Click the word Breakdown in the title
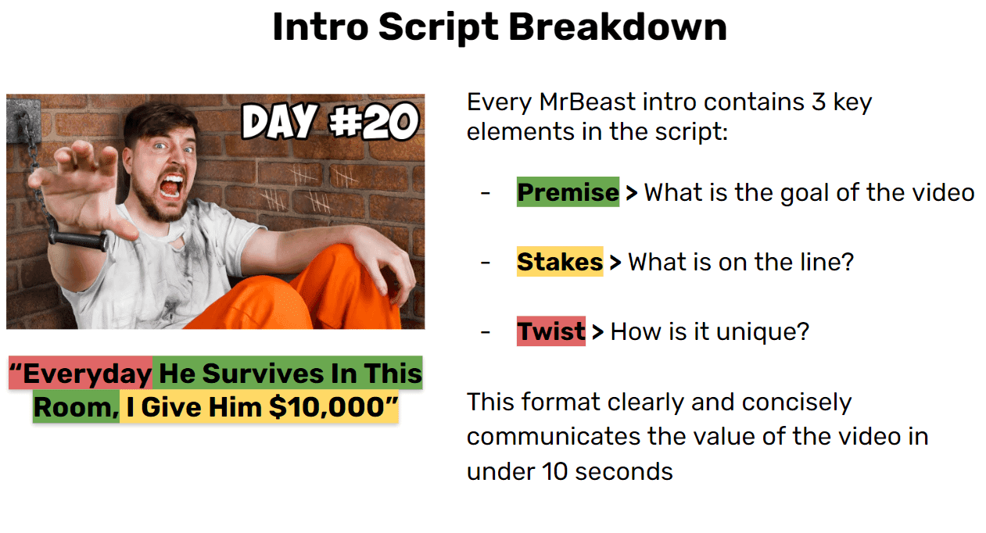(x=618, y=27)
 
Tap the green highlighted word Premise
(x=568, y=192)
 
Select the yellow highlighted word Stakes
(x=560, y=262)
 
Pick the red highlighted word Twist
(x=551, y=331)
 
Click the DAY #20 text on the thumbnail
(x=330, y=121)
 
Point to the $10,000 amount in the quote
(x=328, y=406)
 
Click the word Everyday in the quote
(x=87, y=374)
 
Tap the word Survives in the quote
(x=264, y=374)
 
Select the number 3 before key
(x=819, y=102)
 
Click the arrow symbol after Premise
(x=632, y=193)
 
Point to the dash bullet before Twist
(x=486, y=332)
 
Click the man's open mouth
(x=171, y=185)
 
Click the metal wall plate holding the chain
(x=23, y=120)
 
